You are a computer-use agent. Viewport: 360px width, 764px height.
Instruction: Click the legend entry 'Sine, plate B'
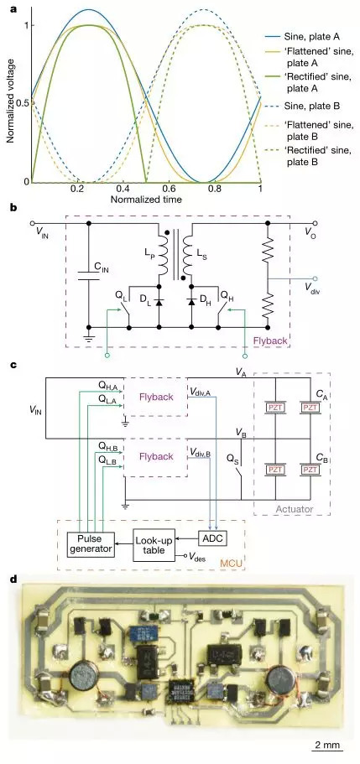(311, 106)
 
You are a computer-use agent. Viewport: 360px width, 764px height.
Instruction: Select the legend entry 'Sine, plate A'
(311, 36)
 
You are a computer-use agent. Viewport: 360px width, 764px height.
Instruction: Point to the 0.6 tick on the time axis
(169, 188)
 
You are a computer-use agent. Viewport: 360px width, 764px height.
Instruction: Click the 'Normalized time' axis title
(146, 200)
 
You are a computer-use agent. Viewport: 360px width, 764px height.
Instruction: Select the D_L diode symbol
(159, 303)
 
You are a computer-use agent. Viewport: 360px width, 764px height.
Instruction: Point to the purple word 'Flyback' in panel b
(270, 341)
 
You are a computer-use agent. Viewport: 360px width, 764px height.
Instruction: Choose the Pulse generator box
(91, 543)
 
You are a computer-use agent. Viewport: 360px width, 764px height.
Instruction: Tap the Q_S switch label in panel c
(233, 459)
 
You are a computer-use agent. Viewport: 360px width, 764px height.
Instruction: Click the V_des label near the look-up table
(196, 557)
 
